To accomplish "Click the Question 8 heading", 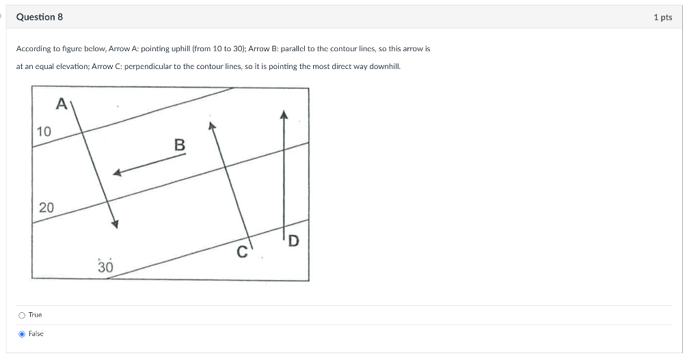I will click(39, 17).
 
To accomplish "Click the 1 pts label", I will click(662, 17).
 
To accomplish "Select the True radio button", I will click(23, 315).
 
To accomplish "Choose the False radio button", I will click(23, 333).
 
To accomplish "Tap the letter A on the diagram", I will click(62, 104).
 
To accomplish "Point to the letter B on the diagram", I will click(179, 145).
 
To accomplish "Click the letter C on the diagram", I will click(241, 251).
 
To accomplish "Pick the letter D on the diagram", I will click(293, 240).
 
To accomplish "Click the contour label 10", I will click(44, 131).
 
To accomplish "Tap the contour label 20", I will click(46, 207).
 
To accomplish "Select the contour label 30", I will click(105, 266).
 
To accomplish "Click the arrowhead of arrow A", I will click(116, 225).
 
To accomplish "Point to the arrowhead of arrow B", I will click(117, 174).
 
